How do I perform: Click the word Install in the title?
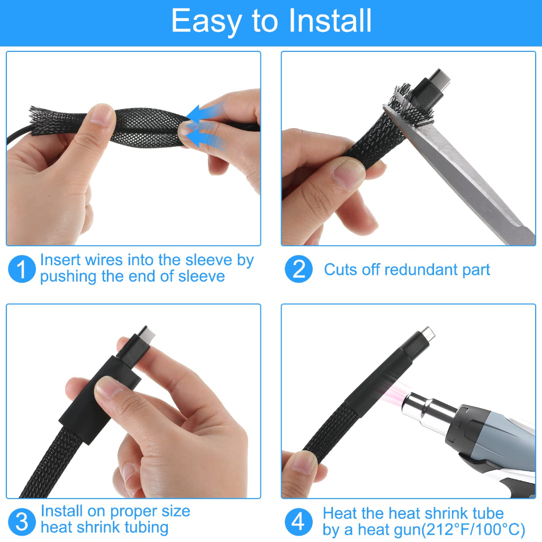tap(330, 21)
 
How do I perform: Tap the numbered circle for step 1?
tap(22, 269)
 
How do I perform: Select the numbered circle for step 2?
tap(299, 269)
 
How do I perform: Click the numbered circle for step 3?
tap(22, 521)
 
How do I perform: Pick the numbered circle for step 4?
tap(299, 521)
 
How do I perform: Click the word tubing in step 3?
tap(147, 528)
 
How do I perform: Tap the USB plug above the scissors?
tap(431, 86)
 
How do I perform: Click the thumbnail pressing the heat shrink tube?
tap(109, 387)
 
